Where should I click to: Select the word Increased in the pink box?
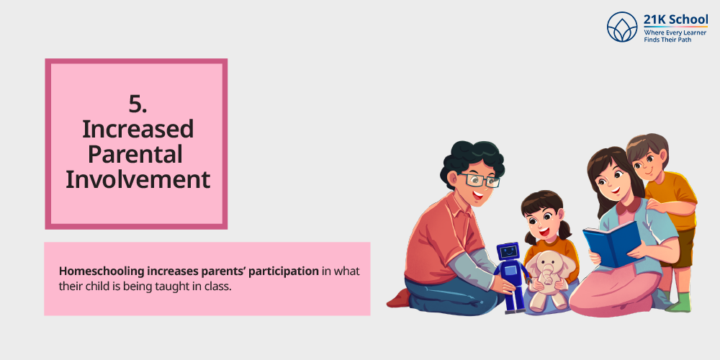pos(138,130)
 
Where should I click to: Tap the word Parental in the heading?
pos(135,154)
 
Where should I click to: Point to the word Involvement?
pos(138,179)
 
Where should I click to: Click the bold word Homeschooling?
pos(102,272)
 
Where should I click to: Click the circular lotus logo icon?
pos(622,27)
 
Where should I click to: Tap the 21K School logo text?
pos(675,20)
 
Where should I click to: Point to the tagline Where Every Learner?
pos(675,33)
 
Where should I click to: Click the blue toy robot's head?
pos(508,251)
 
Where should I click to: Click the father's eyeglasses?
pos(479,179)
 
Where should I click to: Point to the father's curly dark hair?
pos(472,161)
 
